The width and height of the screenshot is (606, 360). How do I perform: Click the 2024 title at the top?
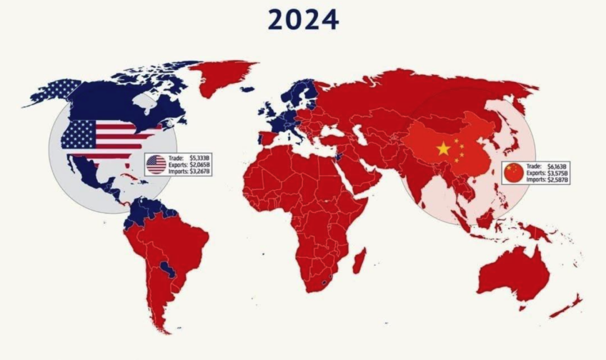(x=303, y=20)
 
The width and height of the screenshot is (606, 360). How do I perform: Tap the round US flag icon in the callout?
(x=156, y=165)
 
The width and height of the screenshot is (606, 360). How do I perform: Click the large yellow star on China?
(x=443, y=149)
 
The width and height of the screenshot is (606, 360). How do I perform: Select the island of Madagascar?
(x=359, y=260)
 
